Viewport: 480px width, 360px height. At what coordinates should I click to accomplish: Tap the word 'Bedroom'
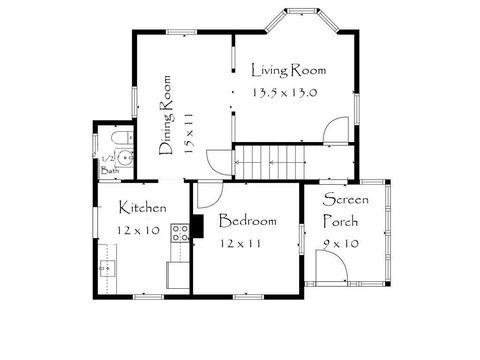tap(247, 220)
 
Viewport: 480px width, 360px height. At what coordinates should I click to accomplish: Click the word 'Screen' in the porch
tap(345, 200)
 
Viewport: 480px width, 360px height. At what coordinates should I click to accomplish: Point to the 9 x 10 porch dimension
tap(341, 243)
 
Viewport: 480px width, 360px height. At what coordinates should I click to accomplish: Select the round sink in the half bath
tap(124, 158)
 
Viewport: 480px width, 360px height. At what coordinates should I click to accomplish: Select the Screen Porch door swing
tap(331, 266)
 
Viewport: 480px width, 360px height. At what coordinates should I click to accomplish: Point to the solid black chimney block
tap(197, 228)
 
